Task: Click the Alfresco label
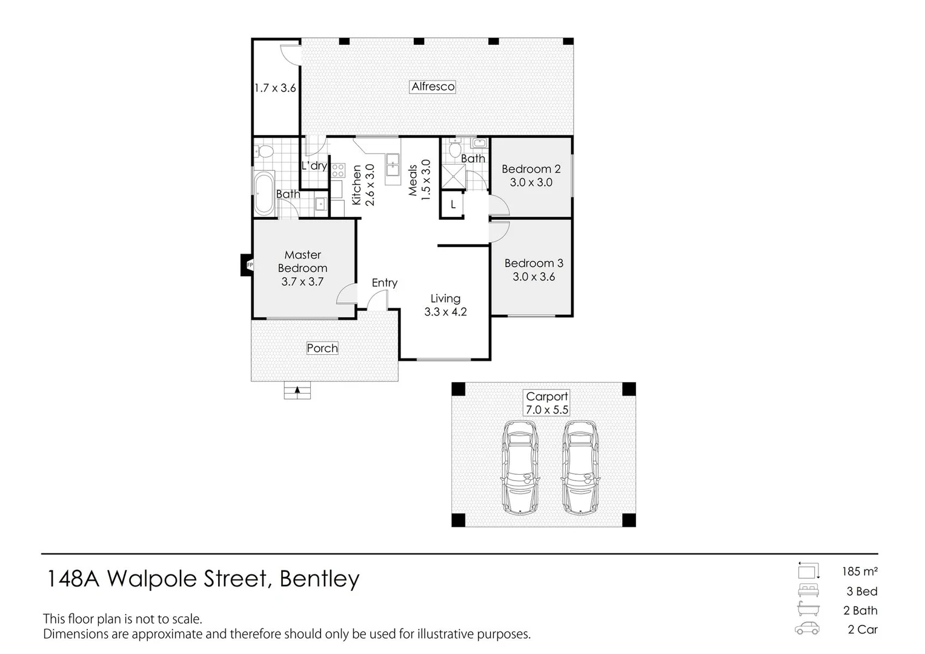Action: pyautogui.click(x=433, y=87)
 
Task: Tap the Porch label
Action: pyautogui.click(x=322, y=348)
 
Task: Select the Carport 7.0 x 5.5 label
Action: pyautogui.click(x=547, y=403)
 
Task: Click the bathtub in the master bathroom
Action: pyautogui.click(x=264, y=193)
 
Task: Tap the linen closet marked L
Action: pyautogui.click(x=453, y=205)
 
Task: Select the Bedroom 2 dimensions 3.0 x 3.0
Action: pyautogui.click(x=531, y=182)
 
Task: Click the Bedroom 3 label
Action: pyautogui.click(x=534, y=263)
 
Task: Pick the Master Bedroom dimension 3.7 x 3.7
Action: pyautogui.click(x=302, y=282)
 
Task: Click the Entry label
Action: pyautogui.click(x=384, y=283)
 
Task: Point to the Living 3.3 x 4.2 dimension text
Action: pyautogui.click(x=445, y=312)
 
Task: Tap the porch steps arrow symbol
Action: pyautogui.click(x=297, y=391)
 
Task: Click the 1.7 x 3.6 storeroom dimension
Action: pyautogui.click(x=275, y=88)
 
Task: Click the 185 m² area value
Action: pyautogui.click(x=859, y=571)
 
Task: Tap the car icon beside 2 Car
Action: pyautogui.click(x=807, y=629)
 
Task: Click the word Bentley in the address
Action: pyautogui.click(x=319, y=579)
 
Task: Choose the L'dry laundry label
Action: pyautogui.click(x=314, y=165)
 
